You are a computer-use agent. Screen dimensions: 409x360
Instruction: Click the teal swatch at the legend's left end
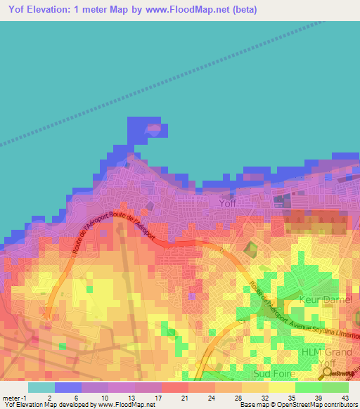pyautogui.click(x=41, y=387)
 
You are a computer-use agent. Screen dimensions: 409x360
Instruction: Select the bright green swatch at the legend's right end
pyautogui.click(x=335, y=387)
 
